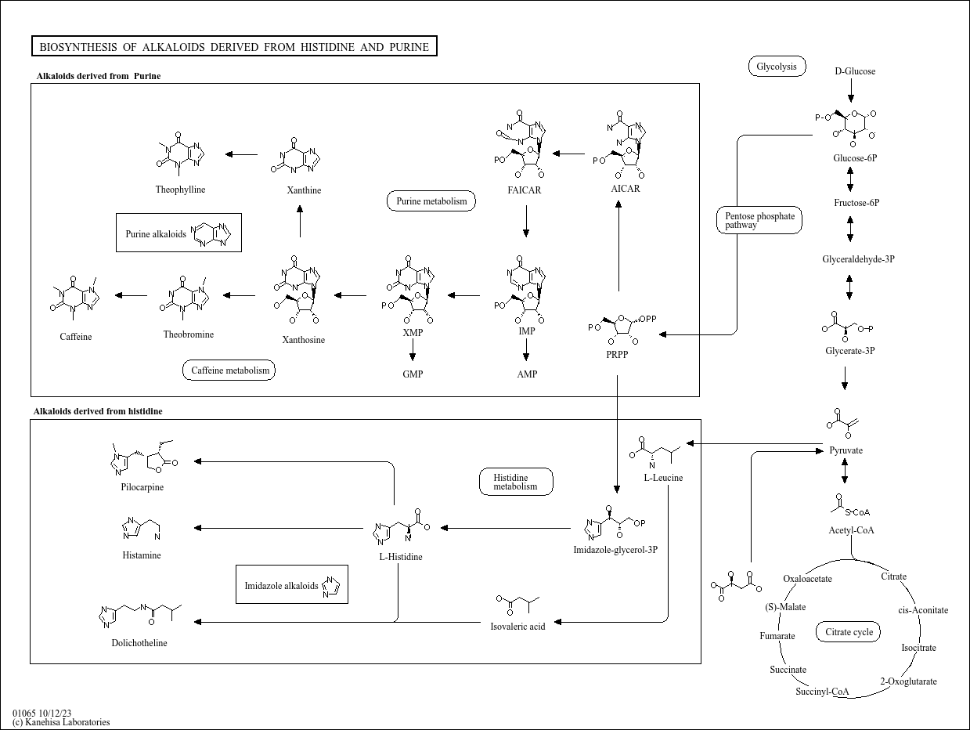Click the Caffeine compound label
click(x=75, y=337)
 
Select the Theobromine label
click(x=188, y=334)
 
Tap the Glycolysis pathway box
click(x=777, y=67)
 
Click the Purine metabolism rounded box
click(x=431, y=201)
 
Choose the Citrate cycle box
click(x=849, y=632)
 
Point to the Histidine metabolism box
click(x=516, y=482)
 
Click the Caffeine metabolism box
click(x=229, y=370)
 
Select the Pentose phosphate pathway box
click(x=759, y=220)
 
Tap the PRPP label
click(x=617, y=354)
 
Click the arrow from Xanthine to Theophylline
click(x=241, y=154)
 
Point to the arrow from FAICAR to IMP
click(x=526, y=222)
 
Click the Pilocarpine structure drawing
click(x=142, y=460)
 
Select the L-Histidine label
click(x=400, y=557)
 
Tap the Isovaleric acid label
click(x=517, y=626)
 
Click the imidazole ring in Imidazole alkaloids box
click(x=330, y=587)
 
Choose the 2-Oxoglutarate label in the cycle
click(x=908, y=681)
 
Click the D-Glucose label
click(x=855, y=71)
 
